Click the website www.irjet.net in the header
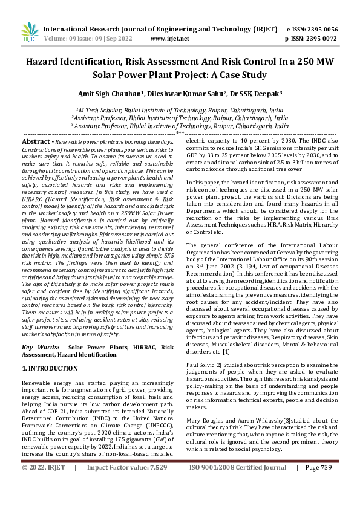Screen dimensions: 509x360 coord(169,38)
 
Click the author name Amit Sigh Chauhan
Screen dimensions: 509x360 coord(108,94)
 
